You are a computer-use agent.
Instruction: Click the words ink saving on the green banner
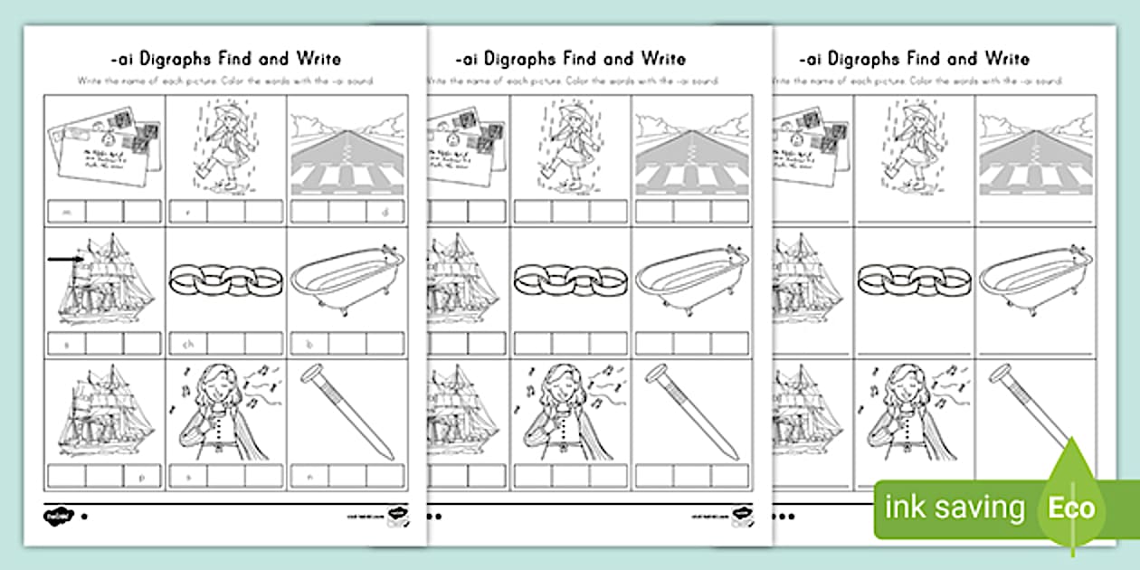tap(955, 508)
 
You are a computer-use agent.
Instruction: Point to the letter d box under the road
tap(385, 212)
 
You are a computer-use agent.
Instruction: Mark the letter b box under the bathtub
tap(309, 344)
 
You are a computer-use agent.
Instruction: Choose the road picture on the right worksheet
tap(1037, 149)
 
